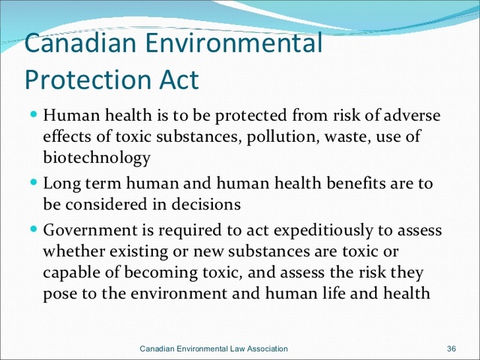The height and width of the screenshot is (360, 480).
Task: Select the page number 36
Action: coord(451,349)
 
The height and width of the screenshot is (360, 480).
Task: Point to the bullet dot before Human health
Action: coord(34,117)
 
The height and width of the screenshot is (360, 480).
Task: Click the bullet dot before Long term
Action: coord(34,182)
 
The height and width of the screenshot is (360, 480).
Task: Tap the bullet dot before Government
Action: coord(34,229)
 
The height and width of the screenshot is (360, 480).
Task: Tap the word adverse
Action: coord(410,117)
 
